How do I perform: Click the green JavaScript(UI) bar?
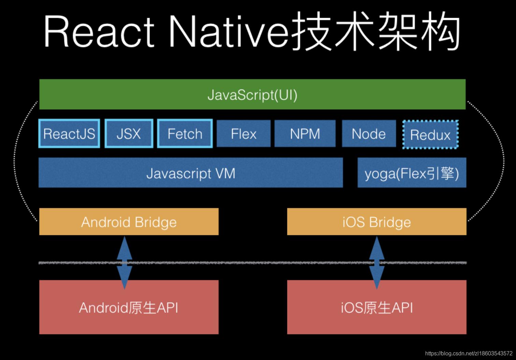coord(252,95)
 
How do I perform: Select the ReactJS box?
coord(69,134)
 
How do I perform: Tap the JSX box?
coord(129,134)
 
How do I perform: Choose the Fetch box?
coord(185,134)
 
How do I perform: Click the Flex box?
coord(243,134)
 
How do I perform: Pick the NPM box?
coord(305,134)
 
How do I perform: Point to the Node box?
coord(369,134)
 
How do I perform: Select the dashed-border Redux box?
coord(430,135)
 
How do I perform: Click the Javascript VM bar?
coord(190,173)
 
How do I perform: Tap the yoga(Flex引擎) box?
coord(412,173)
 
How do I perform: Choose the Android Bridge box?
coord(129,222)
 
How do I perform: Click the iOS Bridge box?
coord(376,222)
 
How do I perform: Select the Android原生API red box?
coord(129,307)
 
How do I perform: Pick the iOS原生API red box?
coord(376,307)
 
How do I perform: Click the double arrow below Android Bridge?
coord(125,262)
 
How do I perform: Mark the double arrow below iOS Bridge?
coord(377,262)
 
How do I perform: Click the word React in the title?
coord(99,33)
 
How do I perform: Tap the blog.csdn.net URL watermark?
coord(469,353)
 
